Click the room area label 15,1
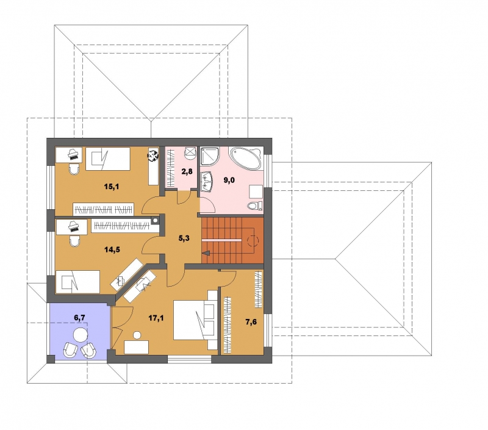click(x=112, y=187)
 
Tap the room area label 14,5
click(x=112, y=249)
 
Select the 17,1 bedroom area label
click(x=156, y=318)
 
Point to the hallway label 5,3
click(x=184, y=238)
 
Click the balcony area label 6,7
click(x=79, y=317)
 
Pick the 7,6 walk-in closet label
click(x=251, y=322)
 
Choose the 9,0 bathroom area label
click(x=229, y=180)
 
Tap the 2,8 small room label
click(x=187, y=171)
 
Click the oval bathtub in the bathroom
click(x=245, y=159)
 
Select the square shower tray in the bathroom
click(x=209, y=156)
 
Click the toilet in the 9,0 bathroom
click(x=254, y=206)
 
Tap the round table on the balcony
click(x=81, y=335)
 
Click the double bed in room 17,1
click(x=195, y=320)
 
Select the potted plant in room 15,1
click(x=152, y=155)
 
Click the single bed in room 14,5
click(x=77, y=282)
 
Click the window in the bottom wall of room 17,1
click(x=190, y=359)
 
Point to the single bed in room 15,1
click(x=108, y=159)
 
